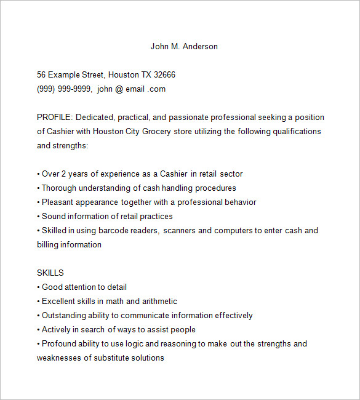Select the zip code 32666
click(164, 75)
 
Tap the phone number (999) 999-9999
click(64, 89)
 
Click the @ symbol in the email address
click(119, 89)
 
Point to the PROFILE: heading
click(55, 117)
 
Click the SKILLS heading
click(50, 273)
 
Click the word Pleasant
click(59, 202)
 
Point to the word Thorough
click(60, 188)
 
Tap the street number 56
click(42, 75)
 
